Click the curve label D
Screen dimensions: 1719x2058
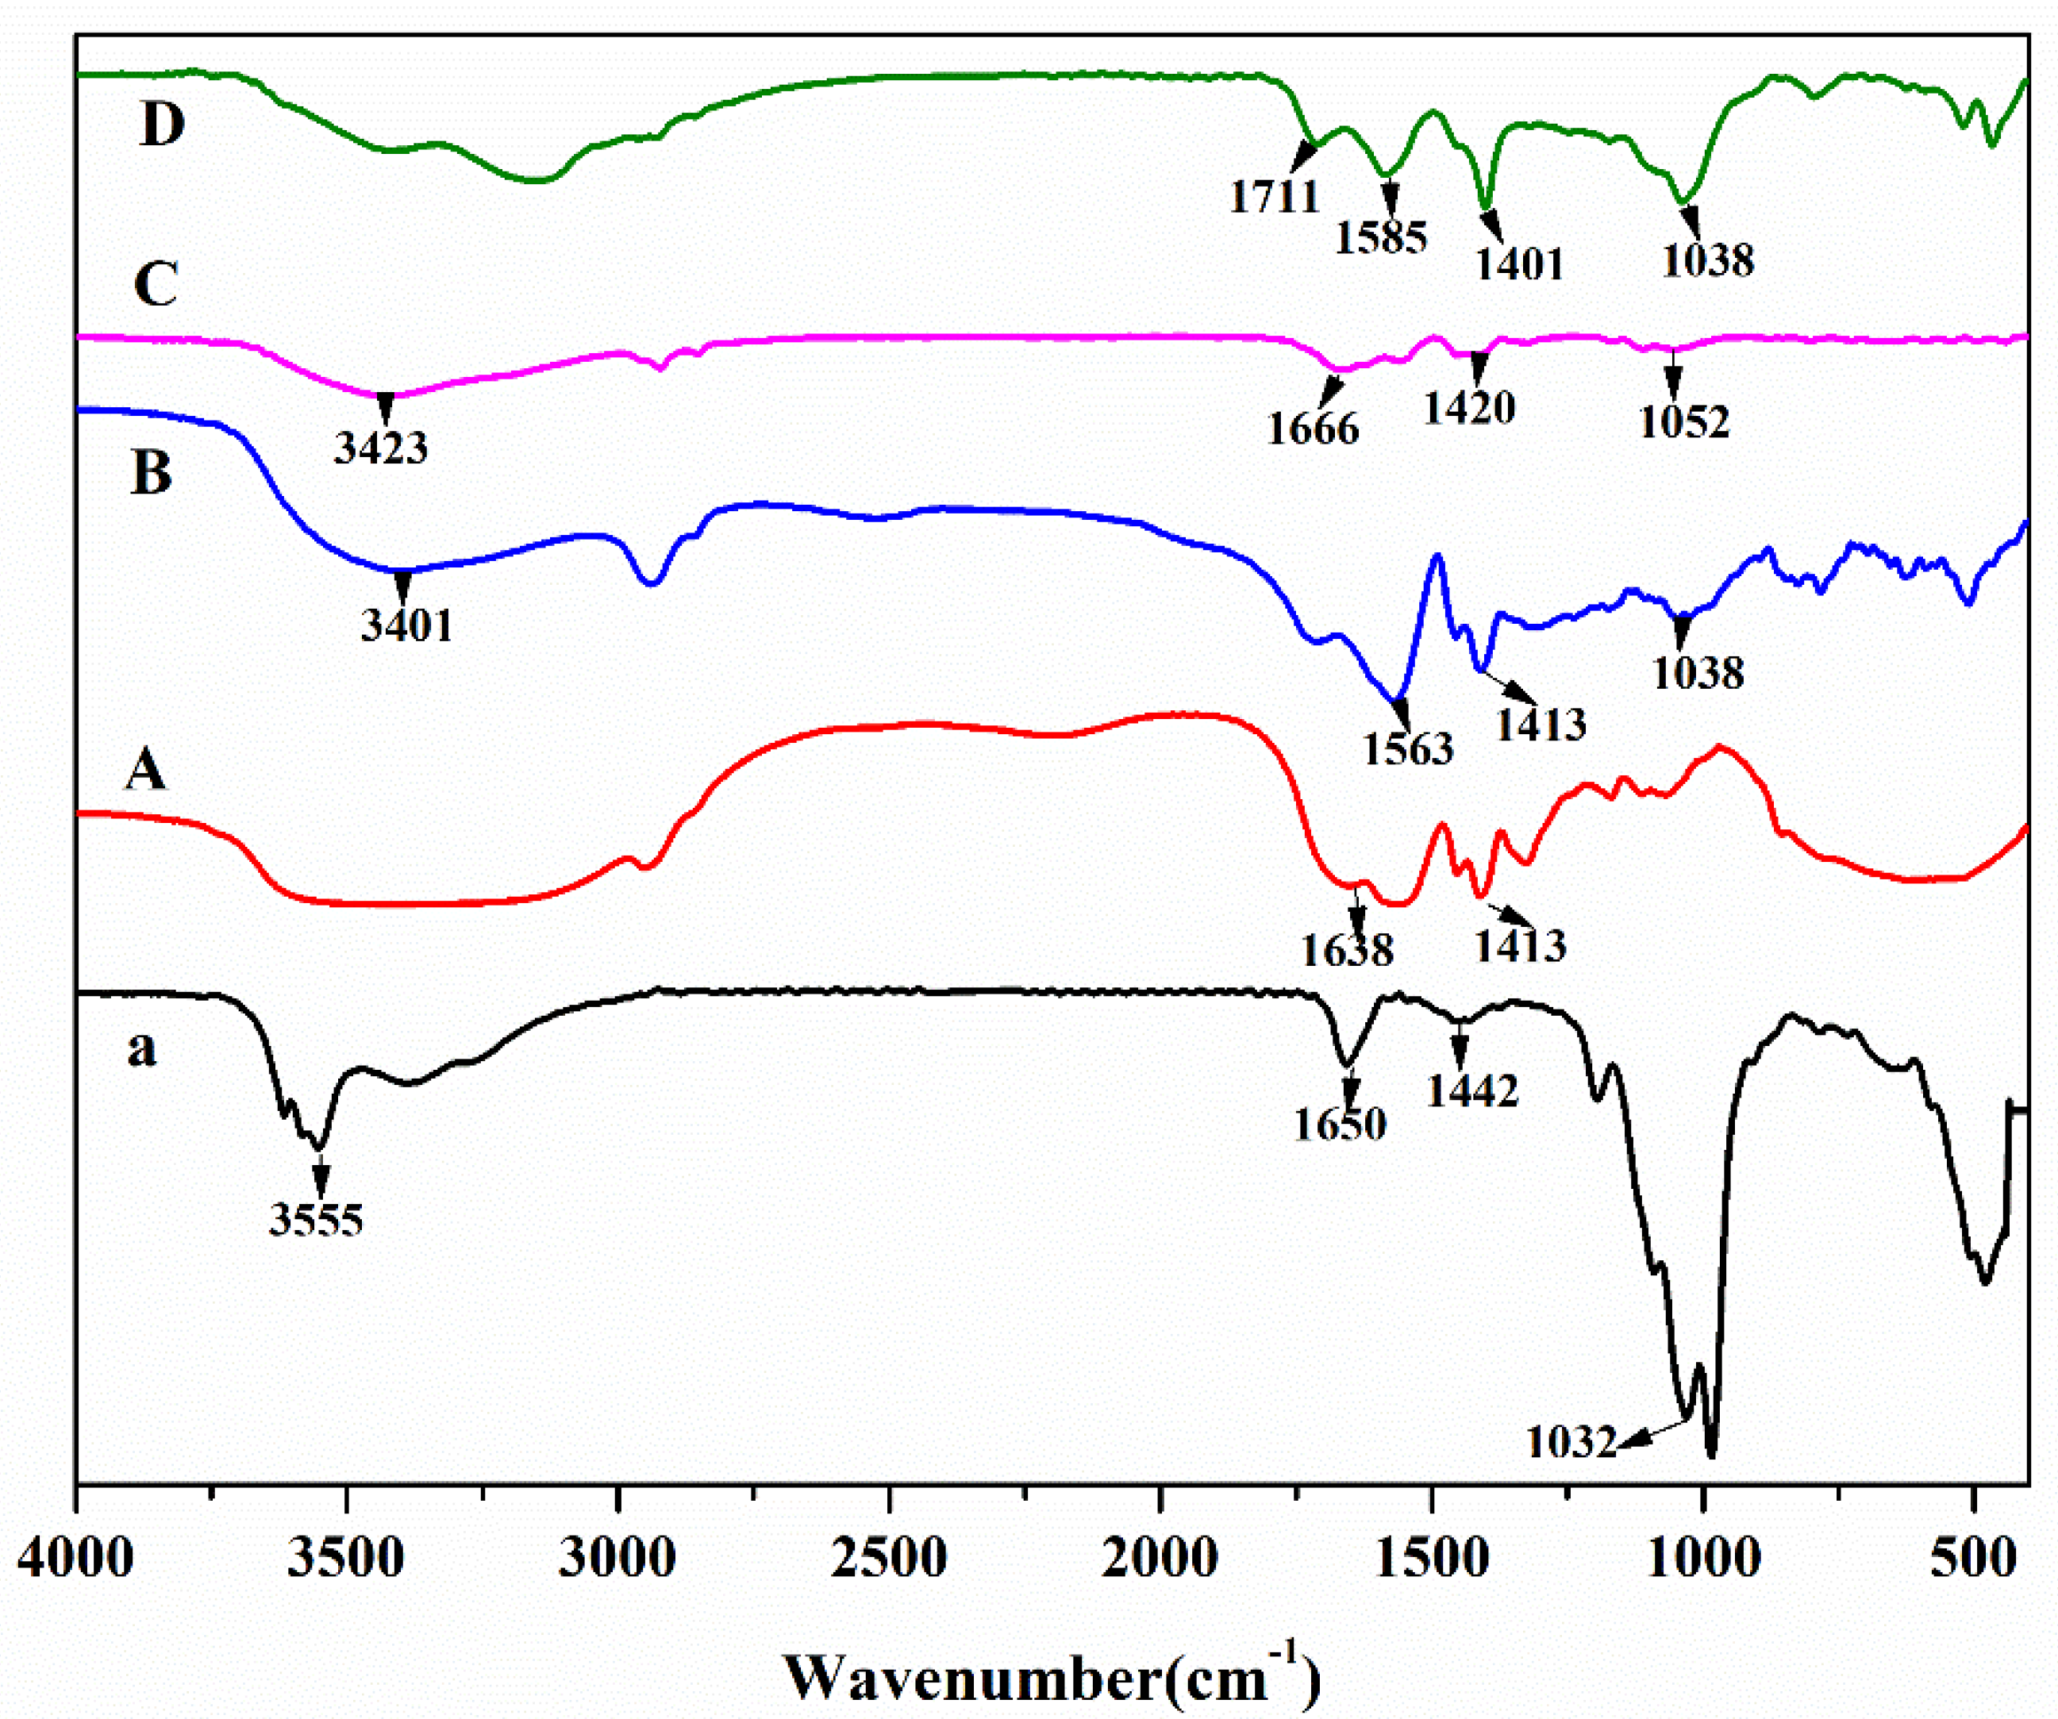tap(162, 125)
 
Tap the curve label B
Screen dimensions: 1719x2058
tap(151, 471)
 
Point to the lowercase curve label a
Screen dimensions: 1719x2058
tap(142, 1048)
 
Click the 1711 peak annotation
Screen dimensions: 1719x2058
tap(1275, 196)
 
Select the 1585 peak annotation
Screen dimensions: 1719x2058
tap(1381, 237)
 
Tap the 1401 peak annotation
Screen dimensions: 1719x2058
tap(1519, 263)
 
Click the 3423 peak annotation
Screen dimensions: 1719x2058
tap(380, 448)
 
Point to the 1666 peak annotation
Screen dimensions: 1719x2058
tap(1314, 429)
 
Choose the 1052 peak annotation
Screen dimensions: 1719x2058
tap(1685, 421)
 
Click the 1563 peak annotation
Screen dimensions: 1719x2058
tap(1408, 748)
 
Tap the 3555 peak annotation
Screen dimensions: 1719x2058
tap(317, 1220)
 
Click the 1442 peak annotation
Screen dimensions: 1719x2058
tap(1472, 1090)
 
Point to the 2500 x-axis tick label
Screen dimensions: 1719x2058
tap(889, 1558)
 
